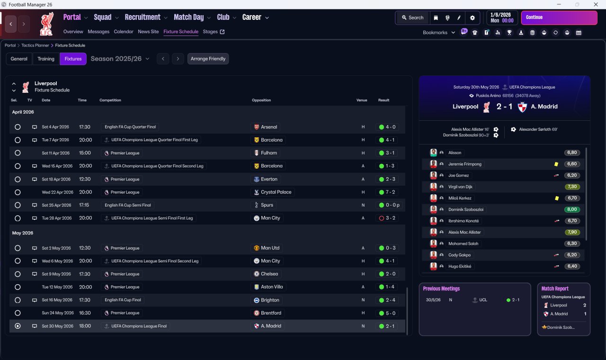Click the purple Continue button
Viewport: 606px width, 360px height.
pos(559,18)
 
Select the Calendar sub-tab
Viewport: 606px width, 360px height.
pos(124,32)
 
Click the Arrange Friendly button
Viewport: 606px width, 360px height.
pos(208,59)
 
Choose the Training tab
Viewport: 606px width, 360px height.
pos(46,59)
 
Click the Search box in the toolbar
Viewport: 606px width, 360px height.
pos(412,18)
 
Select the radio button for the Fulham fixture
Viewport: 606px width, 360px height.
pos(18,153)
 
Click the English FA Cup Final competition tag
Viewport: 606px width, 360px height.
pos(123,300)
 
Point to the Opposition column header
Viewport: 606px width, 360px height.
pos(261,100)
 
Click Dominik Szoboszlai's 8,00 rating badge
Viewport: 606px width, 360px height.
pos(572,209)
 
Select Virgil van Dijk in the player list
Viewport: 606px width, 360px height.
pos(460,187)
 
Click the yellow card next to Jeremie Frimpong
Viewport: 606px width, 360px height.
pos(556,164)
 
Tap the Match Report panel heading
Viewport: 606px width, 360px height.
pos(555,288)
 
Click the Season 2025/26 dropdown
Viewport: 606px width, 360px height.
pos(120,59)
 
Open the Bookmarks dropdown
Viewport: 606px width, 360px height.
pos(439,33)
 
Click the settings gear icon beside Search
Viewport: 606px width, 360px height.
pos(472,18)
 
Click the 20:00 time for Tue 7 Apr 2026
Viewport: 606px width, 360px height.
pos(86,140)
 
